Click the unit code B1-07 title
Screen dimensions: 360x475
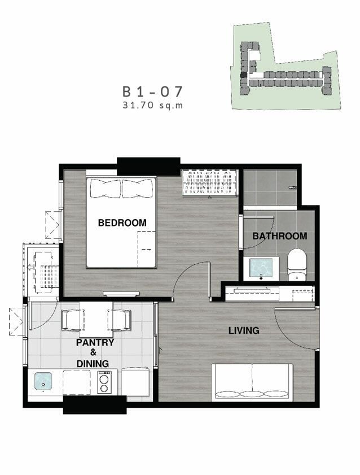[152, 92]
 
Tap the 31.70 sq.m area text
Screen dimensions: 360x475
[153, 106]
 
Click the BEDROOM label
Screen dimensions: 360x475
[122, 223]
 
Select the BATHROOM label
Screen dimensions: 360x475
[280, 236]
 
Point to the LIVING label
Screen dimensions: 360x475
[244, 330]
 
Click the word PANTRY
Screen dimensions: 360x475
[95, 343]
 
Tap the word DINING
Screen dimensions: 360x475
[93, 364]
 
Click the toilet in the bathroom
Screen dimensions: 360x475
[297, 264]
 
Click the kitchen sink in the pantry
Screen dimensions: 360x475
[43, 381]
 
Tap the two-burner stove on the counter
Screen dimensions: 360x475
[104, 382]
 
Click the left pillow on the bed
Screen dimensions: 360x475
[106, 188]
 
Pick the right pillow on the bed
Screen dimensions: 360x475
[137, 188]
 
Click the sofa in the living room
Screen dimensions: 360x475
[252, 382]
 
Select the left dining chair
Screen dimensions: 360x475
[72, 320]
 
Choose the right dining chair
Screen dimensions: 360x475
[120, 320]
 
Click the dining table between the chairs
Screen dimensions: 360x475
[96, 319]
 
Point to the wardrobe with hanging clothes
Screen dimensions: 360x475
[209, 182]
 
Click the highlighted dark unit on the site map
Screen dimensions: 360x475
[243, 76]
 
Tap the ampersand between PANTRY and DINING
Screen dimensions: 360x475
[93, 352]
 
